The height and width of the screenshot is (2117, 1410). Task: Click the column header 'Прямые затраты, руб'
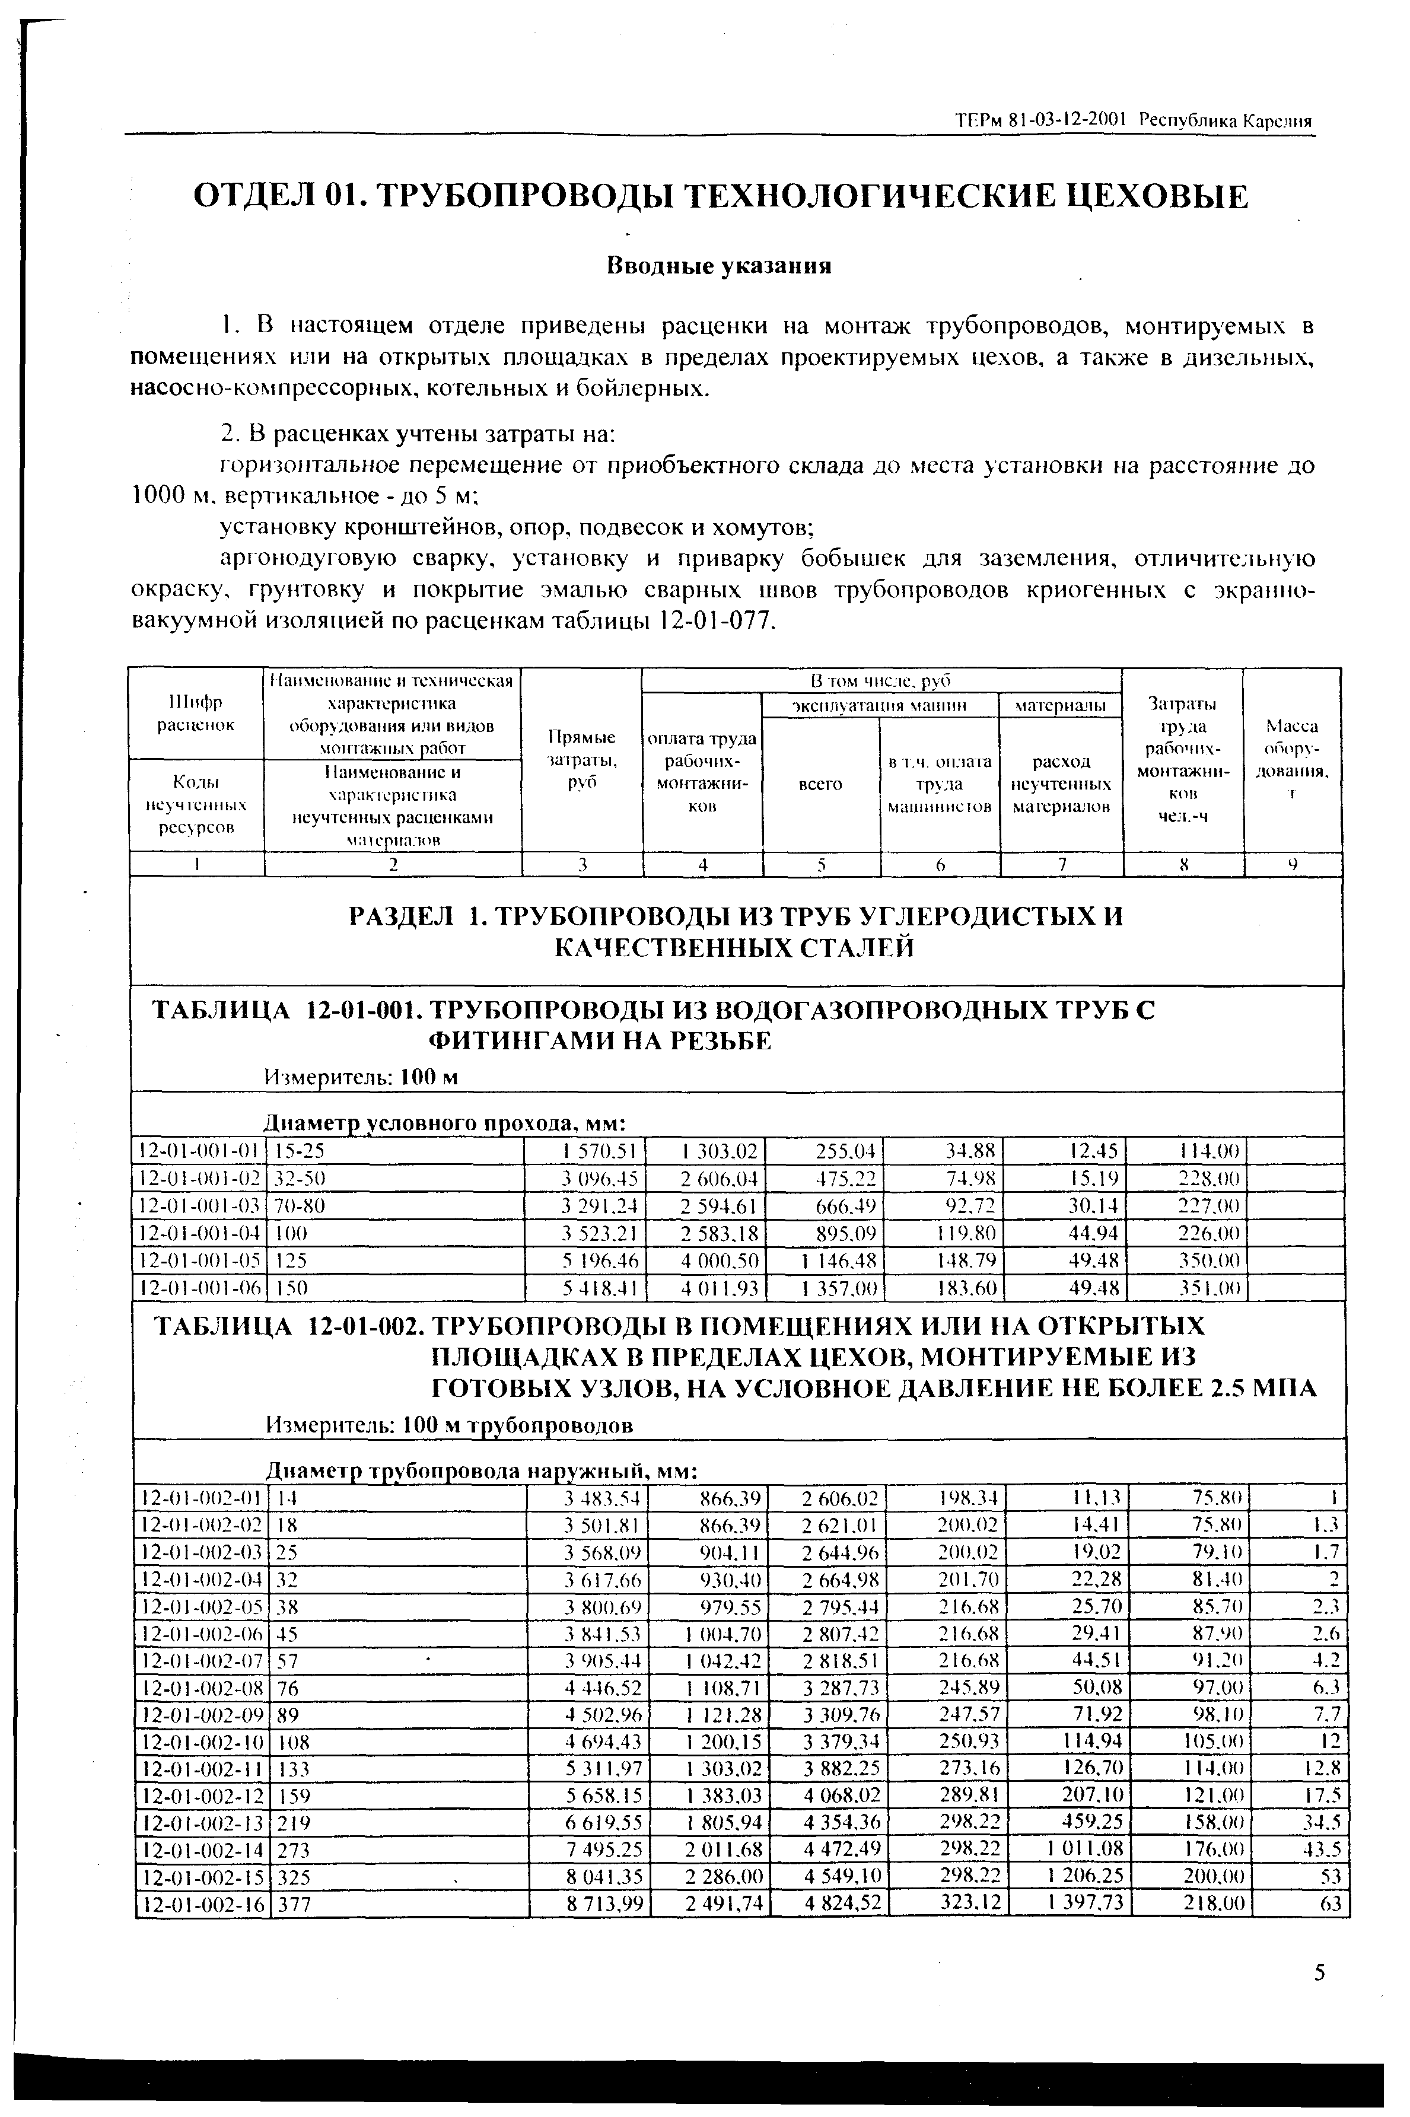(x=582, y=760)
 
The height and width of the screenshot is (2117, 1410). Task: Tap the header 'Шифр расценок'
(x=196, y=712)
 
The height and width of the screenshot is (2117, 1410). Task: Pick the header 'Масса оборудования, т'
(x=1291, y=760)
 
